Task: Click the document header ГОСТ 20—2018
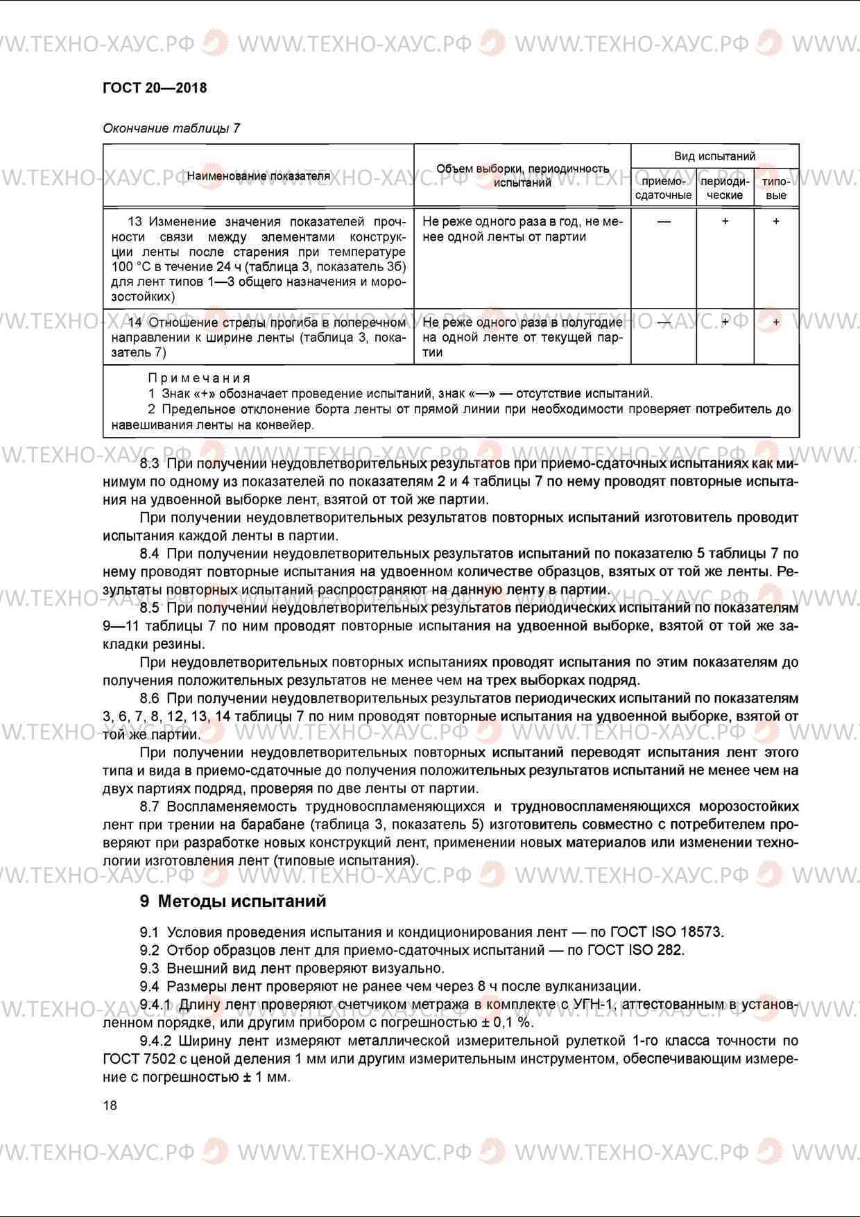[155, 88]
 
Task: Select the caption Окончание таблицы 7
[171, 128]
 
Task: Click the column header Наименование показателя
[258, 176]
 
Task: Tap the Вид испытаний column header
[714, 156]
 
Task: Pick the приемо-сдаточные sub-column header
[663, 188]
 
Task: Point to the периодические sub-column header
[725, 188]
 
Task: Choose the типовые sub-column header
[775, 188]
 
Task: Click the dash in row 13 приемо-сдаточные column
[664, 222]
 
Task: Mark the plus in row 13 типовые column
[775, 221]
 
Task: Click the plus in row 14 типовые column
[775, 322]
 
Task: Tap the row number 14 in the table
[135, 322]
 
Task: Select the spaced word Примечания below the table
[199, 378]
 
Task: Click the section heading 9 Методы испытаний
[232, 901]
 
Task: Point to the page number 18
[110, 1105]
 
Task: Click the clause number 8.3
[149, 463]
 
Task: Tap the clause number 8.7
[149, 806]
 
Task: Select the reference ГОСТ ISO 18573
[666, 932]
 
